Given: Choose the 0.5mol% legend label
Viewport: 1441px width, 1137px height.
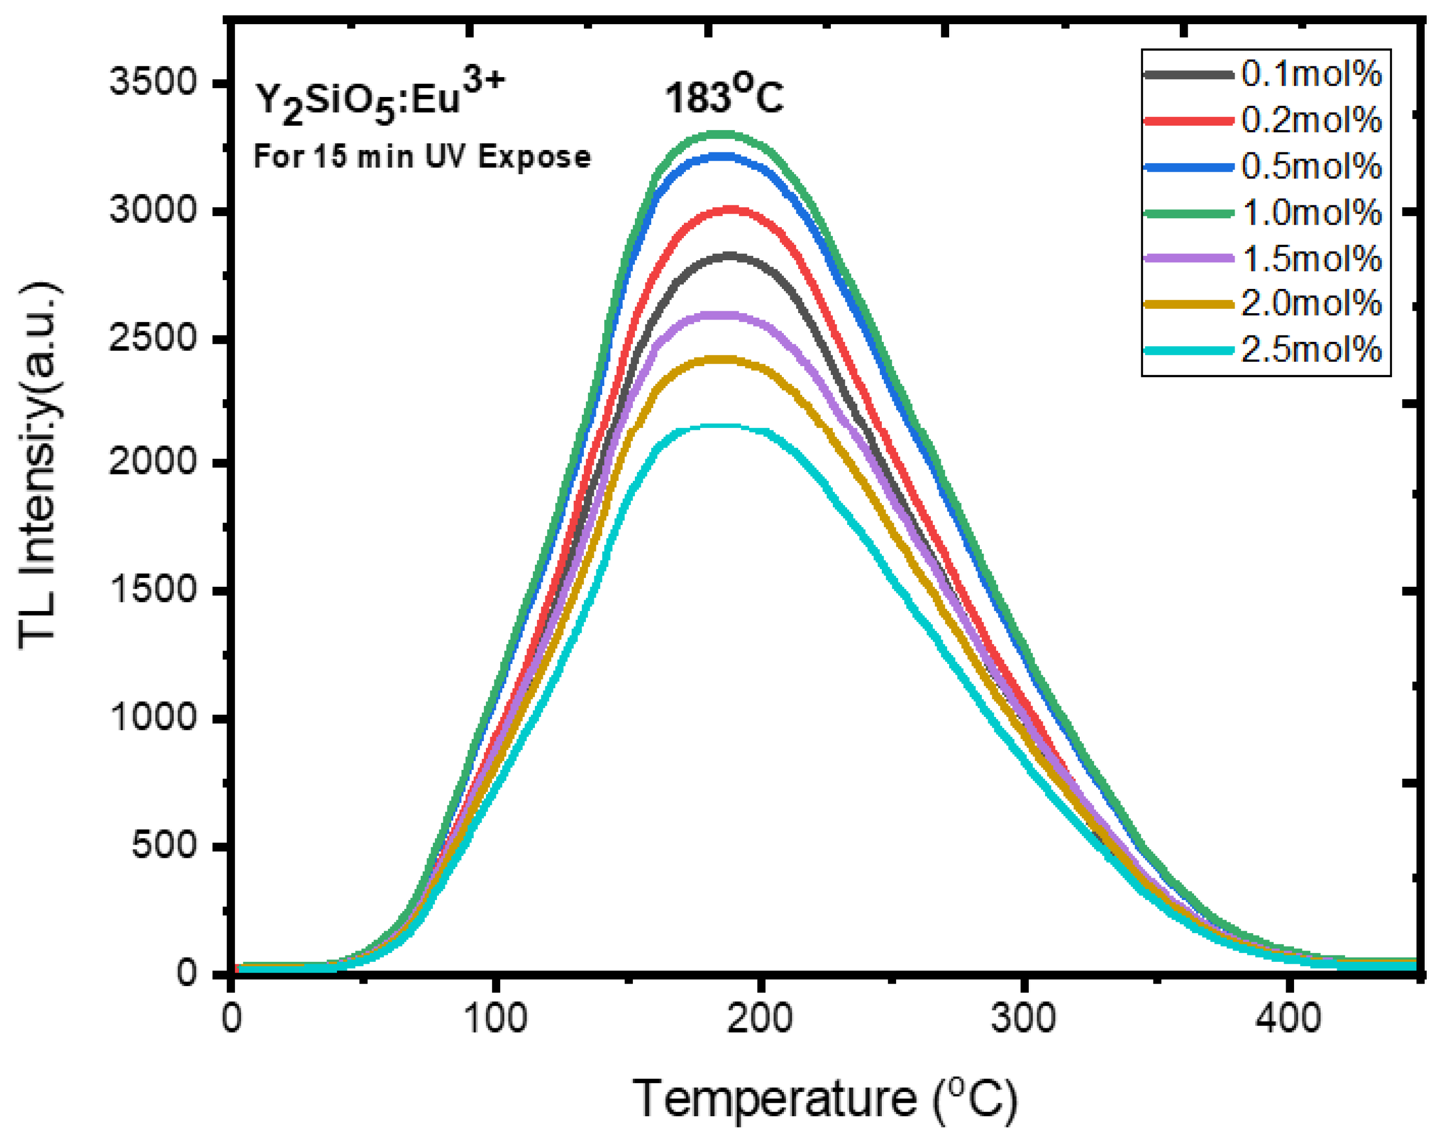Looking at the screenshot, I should click(x=1310, y=166).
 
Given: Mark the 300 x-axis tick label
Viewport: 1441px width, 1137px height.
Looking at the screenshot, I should click(x=1023, y=1019).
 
